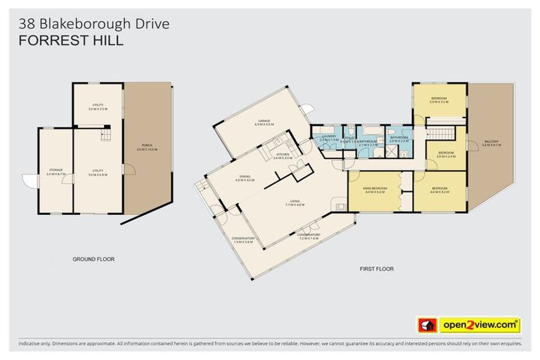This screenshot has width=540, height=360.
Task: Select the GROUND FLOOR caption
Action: coord(94,259)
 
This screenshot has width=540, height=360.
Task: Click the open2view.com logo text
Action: coord(480,325)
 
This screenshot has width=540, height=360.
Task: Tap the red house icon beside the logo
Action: coord(427,325)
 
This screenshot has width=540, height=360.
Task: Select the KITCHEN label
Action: coord(283,155)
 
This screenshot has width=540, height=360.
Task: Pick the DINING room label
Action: coord(243,177)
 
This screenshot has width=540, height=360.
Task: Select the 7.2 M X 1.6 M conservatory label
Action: coord(308,236)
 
